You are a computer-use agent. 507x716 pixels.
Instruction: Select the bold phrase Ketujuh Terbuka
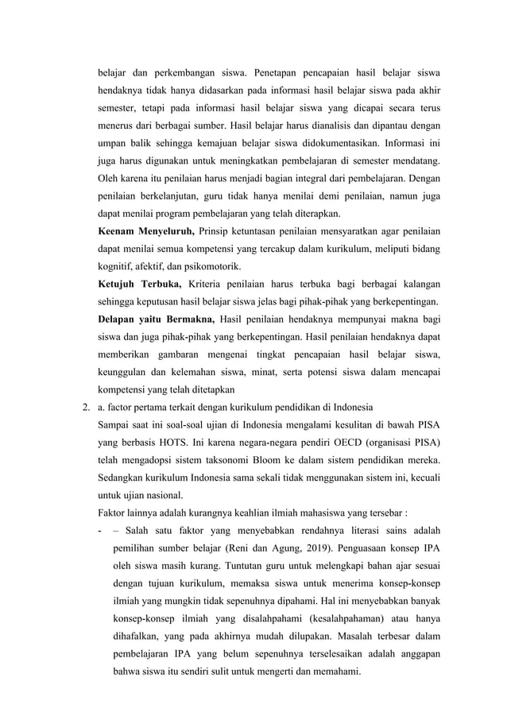click(140, 284)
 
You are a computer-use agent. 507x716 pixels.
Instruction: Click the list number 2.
click(84, 408)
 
